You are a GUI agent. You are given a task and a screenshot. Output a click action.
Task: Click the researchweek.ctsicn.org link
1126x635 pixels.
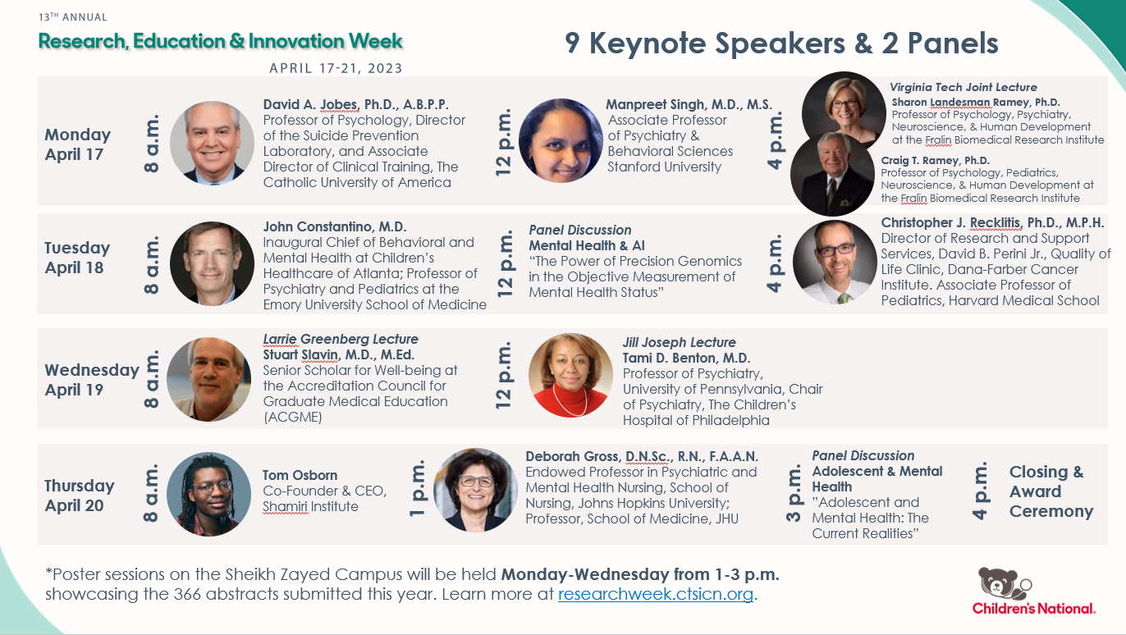click(656, 594)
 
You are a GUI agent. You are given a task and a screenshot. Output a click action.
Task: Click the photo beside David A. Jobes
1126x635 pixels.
click(212, 144)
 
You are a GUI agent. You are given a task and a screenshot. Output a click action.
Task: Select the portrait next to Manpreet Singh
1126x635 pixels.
click(561, 140)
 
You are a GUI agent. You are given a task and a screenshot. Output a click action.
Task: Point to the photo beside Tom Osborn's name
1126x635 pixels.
click(208, 495)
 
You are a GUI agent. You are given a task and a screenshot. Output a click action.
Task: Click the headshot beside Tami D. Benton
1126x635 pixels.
click(570, 375)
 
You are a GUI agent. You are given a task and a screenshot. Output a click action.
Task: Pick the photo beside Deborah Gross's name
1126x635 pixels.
click(475, 491)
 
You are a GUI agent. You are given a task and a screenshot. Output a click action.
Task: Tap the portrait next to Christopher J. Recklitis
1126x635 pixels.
click(835, 263)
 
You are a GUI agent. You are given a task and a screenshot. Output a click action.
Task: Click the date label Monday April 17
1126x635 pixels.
click(77, 144)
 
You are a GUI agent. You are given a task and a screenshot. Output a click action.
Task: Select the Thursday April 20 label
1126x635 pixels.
click(80, 496)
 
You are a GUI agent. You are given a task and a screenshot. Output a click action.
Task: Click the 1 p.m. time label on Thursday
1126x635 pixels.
click(417, 488)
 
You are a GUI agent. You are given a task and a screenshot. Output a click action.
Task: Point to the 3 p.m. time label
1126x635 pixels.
click(794, 494)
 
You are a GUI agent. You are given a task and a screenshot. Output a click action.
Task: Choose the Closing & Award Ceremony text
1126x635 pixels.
click(1051, 491)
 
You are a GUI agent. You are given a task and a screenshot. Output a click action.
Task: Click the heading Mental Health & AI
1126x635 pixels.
click(587, 245)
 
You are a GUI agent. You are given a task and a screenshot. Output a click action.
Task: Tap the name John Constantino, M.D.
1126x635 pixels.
click(335, 226)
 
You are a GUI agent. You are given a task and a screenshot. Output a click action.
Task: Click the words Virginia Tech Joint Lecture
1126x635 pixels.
click(964, 88)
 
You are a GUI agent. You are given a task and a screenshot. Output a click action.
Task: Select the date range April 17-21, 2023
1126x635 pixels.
click(336, 68)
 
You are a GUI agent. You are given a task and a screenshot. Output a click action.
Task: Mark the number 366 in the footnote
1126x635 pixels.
click(187, 594)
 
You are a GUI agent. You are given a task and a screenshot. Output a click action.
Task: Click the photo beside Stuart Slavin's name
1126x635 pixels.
click(208, 379)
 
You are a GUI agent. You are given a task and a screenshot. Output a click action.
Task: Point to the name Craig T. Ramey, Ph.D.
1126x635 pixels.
click(936, 160)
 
